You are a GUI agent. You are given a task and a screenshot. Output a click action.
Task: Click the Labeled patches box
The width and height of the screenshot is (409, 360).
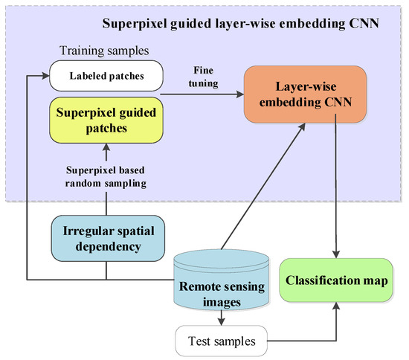pyautogui.click(x=106, y=76)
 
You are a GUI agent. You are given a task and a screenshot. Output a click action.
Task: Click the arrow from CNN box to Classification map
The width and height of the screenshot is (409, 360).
pyautogui.click(x=338, y=186)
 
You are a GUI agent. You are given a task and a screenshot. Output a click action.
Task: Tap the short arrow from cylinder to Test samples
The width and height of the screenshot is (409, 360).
pyautogui.click(x=222, y=317)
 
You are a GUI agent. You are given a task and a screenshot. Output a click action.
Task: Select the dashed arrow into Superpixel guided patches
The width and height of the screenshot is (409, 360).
pyautogui.click(x=106, y=151)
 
